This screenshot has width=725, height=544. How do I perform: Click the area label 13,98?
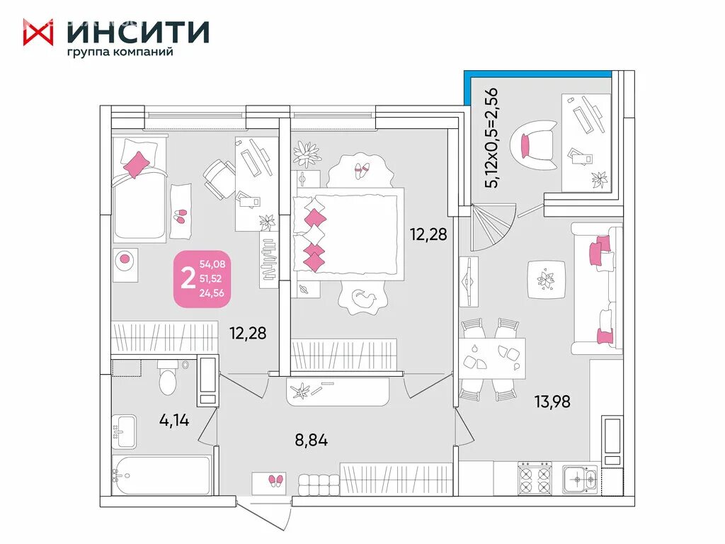click(552, 402)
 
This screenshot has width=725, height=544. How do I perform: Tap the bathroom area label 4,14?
click(173, 421)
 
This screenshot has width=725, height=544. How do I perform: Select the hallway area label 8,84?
click(311, 440)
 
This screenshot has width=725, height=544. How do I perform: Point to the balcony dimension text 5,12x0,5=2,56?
click(491, 137)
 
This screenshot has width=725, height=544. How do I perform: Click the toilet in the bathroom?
click(168, 378)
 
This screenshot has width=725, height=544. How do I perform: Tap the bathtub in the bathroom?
click(162, 475)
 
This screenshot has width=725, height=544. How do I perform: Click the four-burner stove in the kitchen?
click(535, 478)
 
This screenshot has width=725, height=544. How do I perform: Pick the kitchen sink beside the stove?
click(580, 480)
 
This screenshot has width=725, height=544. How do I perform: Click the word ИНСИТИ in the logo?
click(138, 32)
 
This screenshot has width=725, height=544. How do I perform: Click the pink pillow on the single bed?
click(137, 163)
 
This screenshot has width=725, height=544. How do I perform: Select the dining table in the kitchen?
click(491, 357)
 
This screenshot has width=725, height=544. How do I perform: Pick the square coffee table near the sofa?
click(546, 280)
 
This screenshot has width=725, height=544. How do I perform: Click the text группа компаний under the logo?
click(120, 52)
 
